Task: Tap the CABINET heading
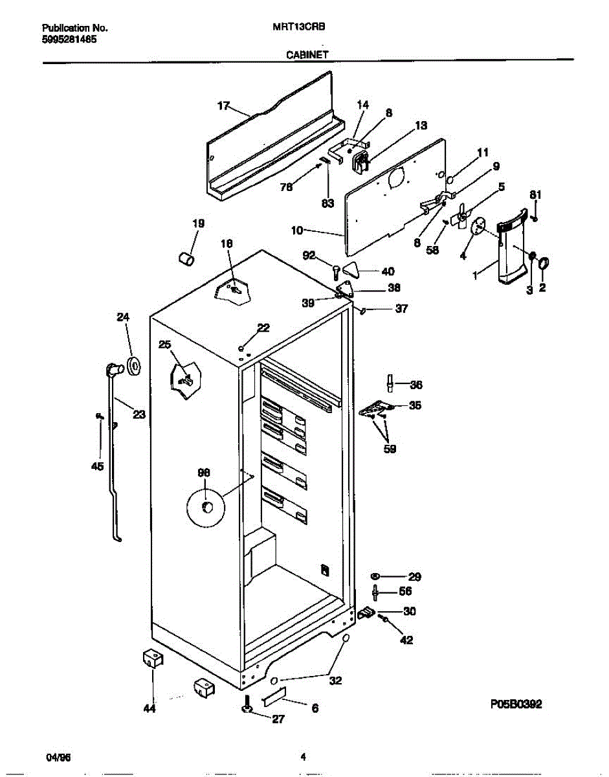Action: [x=307, y=56]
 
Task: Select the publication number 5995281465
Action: [x=69, y=38]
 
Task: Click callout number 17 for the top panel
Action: [x=223, y=106]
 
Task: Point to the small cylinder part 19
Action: [x=186, y=259]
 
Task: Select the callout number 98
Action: [x=204, y=473]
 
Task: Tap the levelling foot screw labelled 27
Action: [x=247, y=708]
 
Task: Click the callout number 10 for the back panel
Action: [x=297, y=230]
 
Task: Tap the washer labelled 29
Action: [x=375, y=576]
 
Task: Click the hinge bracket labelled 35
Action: [x=377, y=408]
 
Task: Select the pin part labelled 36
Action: [x=390, y=383]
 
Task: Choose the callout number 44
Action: [x=149, y=709]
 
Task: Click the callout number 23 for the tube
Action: [x=138, y=415]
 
